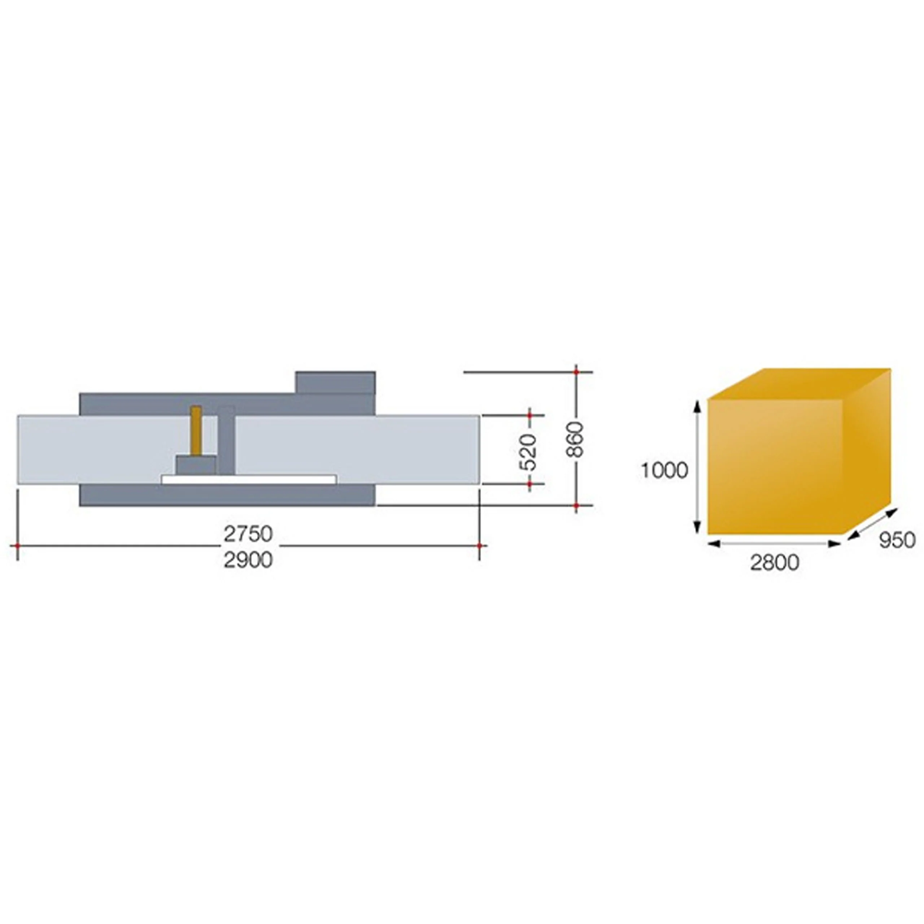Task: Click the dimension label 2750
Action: click(248, 534)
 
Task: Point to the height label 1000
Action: click(664, 471)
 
